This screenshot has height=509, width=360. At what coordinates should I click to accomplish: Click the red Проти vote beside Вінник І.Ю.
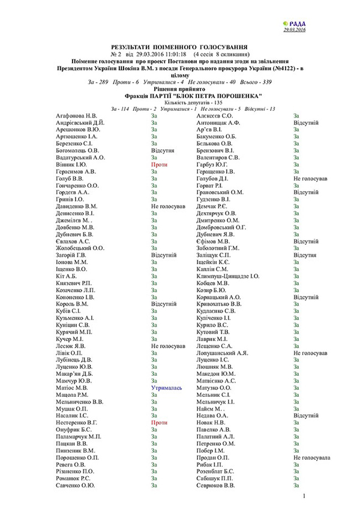pos(159,164)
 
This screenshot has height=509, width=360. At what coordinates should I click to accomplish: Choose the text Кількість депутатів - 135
pos(179,103)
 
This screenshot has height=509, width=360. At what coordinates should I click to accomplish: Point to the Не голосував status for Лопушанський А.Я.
pos(310,353)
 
